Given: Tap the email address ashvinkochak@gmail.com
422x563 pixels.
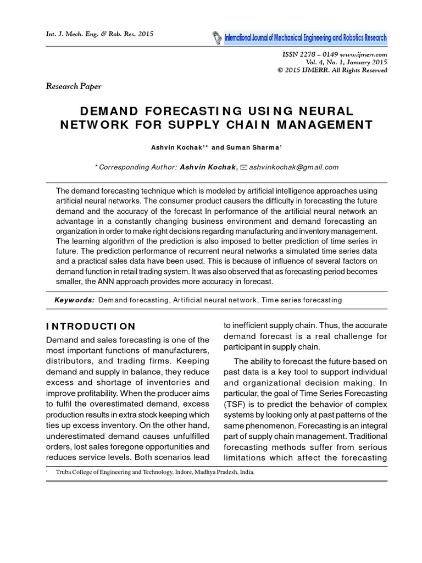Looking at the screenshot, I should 294,167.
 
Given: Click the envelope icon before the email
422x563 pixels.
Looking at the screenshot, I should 245,167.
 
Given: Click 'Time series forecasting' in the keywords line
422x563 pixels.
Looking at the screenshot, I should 302,300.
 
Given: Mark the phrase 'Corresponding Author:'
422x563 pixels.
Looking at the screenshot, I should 137,167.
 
